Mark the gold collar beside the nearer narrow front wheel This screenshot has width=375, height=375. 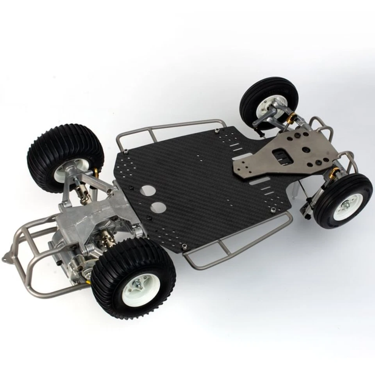tap(335, 171)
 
